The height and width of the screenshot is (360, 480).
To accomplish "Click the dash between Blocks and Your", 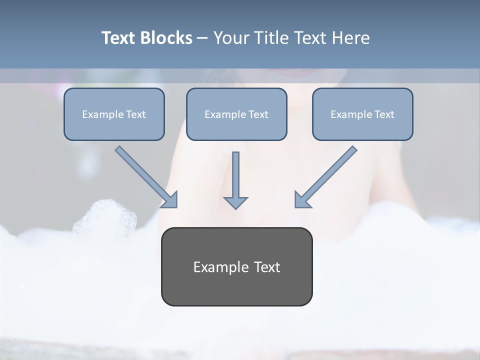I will coord(202,38).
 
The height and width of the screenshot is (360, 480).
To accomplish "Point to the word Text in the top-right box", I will coord(384,114).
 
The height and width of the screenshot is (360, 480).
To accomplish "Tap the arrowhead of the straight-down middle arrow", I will coord(235,202).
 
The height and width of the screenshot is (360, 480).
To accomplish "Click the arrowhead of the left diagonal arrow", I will coord(170,200).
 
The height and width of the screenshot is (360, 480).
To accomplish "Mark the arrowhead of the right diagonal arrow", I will coord(302,200).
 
